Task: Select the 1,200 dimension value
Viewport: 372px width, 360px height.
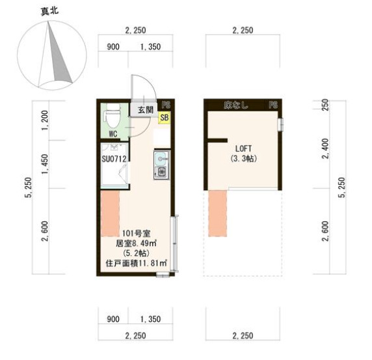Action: coord(45,120)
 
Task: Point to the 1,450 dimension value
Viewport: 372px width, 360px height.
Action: coord(45,165)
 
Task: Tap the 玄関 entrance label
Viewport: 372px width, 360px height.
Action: coord(145,109)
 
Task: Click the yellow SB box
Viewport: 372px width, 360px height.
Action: coord(164,118)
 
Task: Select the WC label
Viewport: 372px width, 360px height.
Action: coord(113,134)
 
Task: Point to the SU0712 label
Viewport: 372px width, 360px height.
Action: coord(114,158)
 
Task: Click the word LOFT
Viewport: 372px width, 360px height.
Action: coord(241,148)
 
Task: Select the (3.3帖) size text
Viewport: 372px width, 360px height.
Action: coord(241,158)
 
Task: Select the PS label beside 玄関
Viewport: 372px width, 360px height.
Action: coord(166,105)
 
